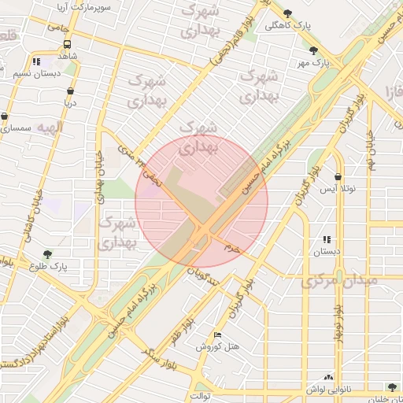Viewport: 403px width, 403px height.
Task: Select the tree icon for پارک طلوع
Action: pyautogui.click(x=48, y=254)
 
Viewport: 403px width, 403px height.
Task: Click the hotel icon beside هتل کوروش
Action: pyautogui.click(x=218, y=335)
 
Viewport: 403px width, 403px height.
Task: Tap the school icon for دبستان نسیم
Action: pyautogui.click(x=36, y=61)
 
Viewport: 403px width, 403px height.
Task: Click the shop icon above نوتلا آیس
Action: pyautogui.click(x=338, y=177)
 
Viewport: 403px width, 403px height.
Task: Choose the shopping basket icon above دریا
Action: pyautogui.click(x=71, y=91)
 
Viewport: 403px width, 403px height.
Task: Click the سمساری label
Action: pyautogui.click(x=16, y=128)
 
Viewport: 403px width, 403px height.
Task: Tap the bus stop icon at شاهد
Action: pyautogui.click(x=67, y=45)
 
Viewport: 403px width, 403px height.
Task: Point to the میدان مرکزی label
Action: pyautogui.click(x=340, y=281)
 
